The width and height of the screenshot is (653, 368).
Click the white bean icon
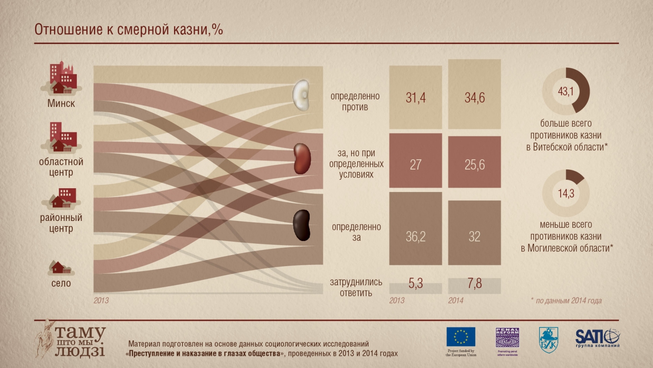pos(301,96)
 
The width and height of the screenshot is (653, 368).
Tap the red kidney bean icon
pos(301,159)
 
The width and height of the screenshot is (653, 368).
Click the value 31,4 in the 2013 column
pos(416,98)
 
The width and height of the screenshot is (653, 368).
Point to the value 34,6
pos(474,98)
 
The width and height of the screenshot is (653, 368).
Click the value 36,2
pos(416,237)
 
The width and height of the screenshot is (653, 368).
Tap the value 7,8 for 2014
pos(474,284)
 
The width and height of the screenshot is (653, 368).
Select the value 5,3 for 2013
pos(416,284)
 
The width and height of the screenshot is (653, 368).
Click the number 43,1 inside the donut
pos(566,91)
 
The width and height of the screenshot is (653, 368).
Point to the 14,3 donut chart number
pos(566,192)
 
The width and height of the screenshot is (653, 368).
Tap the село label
pos(61,283)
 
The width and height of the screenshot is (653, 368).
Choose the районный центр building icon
pos(61,198)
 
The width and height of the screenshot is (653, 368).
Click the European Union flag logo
pos(461,337)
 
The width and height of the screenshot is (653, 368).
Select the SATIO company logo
pos(597,337)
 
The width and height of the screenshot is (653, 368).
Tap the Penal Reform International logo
pos(507,337)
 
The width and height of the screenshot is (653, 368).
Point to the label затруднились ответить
pos(356,288)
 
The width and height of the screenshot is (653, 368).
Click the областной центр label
pos(61,167)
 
